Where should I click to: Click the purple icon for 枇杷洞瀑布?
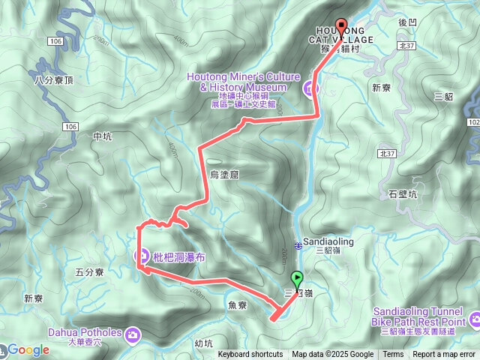pos(141,256)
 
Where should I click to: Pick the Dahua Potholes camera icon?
pos(133,333)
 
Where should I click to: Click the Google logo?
pos(28,349)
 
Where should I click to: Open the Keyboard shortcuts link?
pos(250,355)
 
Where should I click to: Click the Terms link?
pos(393,355)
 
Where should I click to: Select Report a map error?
pos(444,355)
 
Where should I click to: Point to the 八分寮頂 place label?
pos(53,79)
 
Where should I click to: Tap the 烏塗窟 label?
pos(224,174)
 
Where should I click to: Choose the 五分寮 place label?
pos(89,272)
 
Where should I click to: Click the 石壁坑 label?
pos(403,195)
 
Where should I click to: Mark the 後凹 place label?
pos(407,23)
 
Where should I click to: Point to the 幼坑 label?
pos(203,344)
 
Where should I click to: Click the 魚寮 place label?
pos(235,305)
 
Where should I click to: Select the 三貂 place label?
pos(444,96)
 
